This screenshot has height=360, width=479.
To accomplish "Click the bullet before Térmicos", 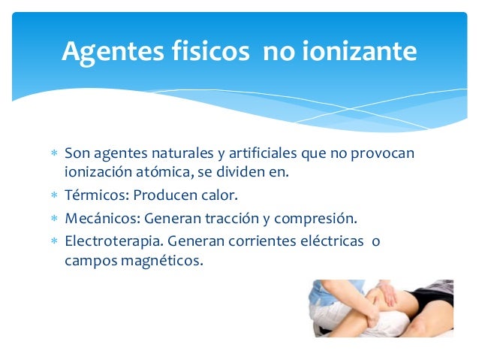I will coord(53,196).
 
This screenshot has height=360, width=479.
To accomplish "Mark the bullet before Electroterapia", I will coord(53,244).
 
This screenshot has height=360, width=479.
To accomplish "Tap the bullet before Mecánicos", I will coord(53,220).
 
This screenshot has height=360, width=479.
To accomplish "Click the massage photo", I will coord(381,308).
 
